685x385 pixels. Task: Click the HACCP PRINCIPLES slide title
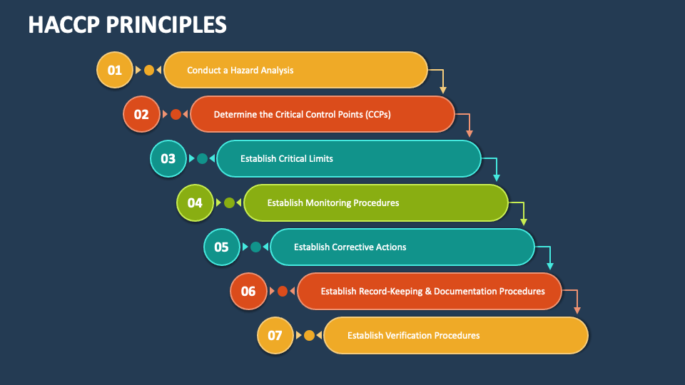point(127,24)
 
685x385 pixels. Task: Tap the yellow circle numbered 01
point(114,70)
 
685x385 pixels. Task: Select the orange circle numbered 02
point(141,114)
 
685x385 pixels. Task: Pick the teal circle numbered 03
point(168,158)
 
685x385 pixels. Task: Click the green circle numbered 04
point(195,202)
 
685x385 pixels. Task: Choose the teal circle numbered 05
point(221,247)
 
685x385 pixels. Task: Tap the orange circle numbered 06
point(248,291)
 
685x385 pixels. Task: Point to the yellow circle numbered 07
point(275,335)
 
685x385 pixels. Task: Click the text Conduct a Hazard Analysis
point(240,71)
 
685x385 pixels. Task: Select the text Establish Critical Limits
point(286,159)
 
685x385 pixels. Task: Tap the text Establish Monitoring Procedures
point(333,203)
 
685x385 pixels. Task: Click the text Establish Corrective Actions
point(350,247)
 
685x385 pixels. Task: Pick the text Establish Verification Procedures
point(413,336)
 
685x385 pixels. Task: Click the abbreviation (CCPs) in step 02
point(377,115)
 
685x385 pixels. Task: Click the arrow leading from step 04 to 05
point(522,212)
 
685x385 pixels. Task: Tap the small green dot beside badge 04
point(228,202)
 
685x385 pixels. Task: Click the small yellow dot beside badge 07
point(309,335)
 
